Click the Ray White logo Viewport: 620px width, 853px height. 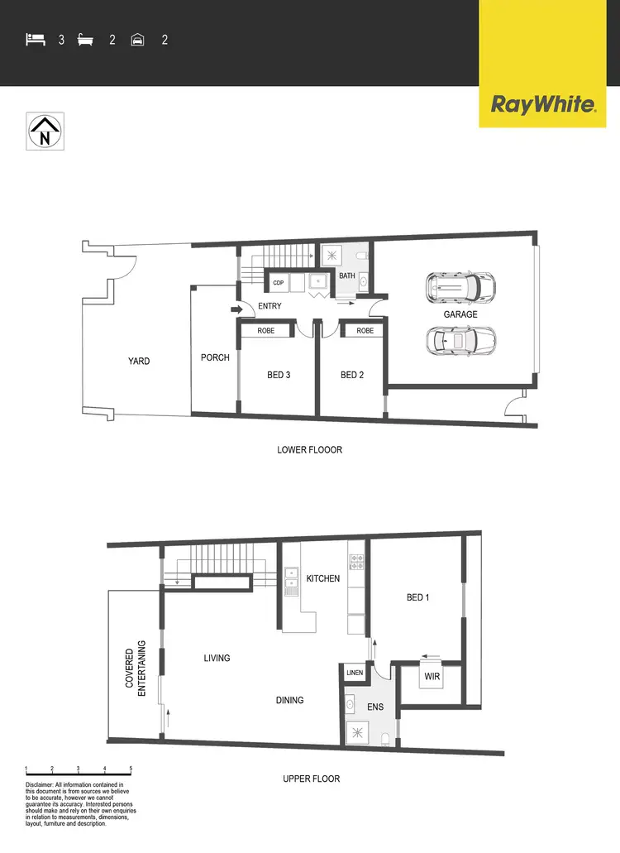tap(543, 105)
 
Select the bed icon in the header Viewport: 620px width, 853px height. tap(35, 39)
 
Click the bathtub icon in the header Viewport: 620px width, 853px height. tap(85, 39)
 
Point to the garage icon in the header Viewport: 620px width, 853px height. tap(137, 39)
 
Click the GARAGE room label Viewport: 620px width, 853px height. tap(460, 314)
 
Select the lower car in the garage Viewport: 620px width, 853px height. tap(460, 339)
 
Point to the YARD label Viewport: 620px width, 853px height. tap(139, 361)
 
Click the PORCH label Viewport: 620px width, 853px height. tap(215, 357)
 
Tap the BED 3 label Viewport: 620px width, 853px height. tap(279, 375)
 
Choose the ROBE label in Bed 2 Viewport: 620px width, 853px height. tap(365, 331)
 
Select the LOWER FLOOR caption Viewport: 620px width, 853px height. tap(310, 450)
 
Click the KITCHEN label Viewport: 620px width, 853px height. tap(322, 578)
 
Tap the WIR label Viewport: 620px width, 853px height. tap(431, 676)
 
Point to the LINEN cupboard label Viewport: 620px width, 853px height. tap(355, 673)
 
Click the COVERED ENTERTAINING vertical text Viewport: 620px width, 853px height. tap(136, 669)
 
